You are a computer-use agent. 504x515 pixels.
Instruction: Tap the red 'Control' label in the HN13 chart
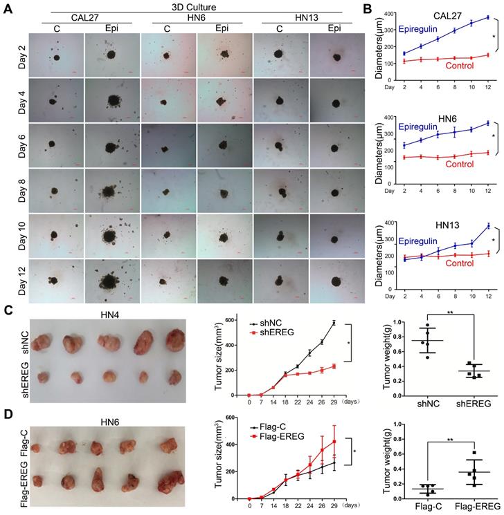tap(462, 263)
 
